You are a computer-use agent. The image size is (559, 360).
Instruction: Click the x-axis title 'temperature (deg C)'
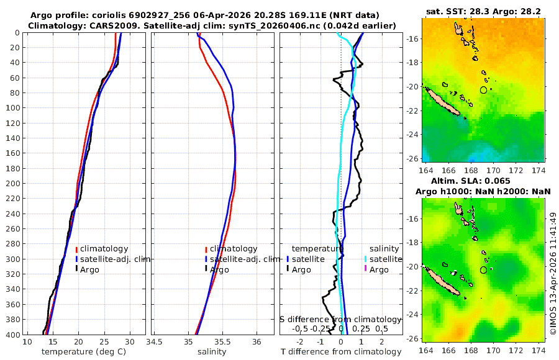(x=84, y=352)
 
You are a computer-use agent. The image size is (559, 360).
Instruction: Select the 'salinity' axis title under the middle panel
(x=212, y=352)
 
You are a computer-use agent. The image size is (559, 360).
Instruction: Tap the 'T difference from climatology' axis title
(x=341, y=352)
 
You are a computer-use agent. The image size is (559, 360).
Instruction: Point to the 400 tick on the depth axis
(x=14, y=335)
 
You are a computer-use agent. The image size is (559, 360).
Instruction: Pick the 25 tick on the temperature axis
(x=104, y=342)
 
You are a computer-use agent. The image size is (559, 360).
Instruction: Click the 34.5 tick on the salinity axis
(x=155, y=342)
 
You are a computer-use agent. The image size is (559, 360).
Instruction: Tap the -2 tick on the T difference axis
(x=301, y=342)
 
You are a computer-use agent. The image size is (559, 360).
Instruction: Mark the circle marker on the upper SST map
(x=484, y=90)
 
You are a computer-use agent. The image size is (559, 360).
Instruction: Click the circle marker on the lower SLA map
(x=484, y=270)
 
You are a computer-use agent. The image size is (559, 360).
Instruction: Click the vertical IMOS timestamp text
(x=553, y=274)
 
